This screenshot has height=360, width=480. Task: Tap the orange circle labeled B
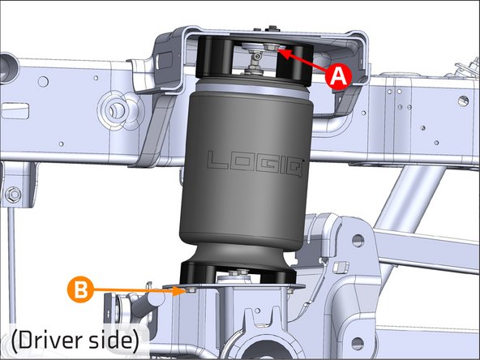[x=80, y=289]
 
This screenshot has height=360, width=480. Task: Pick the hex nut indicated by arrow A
[x=271, y=47]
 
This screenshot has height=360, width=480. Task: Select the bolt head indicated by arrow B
[x=191, y=289]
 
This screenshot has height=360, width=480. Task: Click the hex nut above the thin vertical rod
[x=12, y=195]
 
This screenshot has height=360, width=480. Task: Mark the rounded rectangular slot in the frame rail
[x=15, y=111]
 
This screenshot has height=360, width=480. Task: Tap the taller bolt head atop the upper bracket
[x=272, y=28]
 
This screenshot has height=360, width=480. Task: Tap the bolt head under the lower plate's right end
[x=290, y=291]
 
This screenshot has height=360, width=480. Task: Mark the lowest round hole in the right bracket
[x=358, y=344]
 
